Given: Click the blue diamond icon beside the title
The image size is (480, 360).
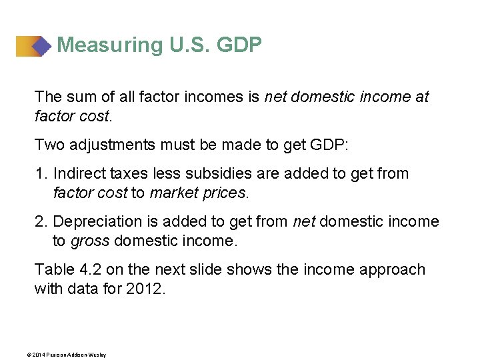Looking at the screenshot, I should [41, 46].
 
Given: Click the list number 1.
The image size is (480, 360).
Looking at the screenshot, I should [40, 174].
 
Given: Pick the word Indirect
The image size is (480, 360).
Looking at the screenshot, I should [78, 174].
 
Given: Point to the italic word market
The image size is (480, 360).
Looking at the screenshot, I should [173, 193].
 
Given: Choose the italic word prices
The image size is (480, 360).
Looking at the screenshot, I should [223, 193].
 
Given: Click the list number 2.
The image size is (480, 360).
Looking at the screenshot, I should [40, 222].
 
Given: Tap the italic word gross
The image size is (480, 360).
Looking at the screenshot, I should [89, 241].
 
